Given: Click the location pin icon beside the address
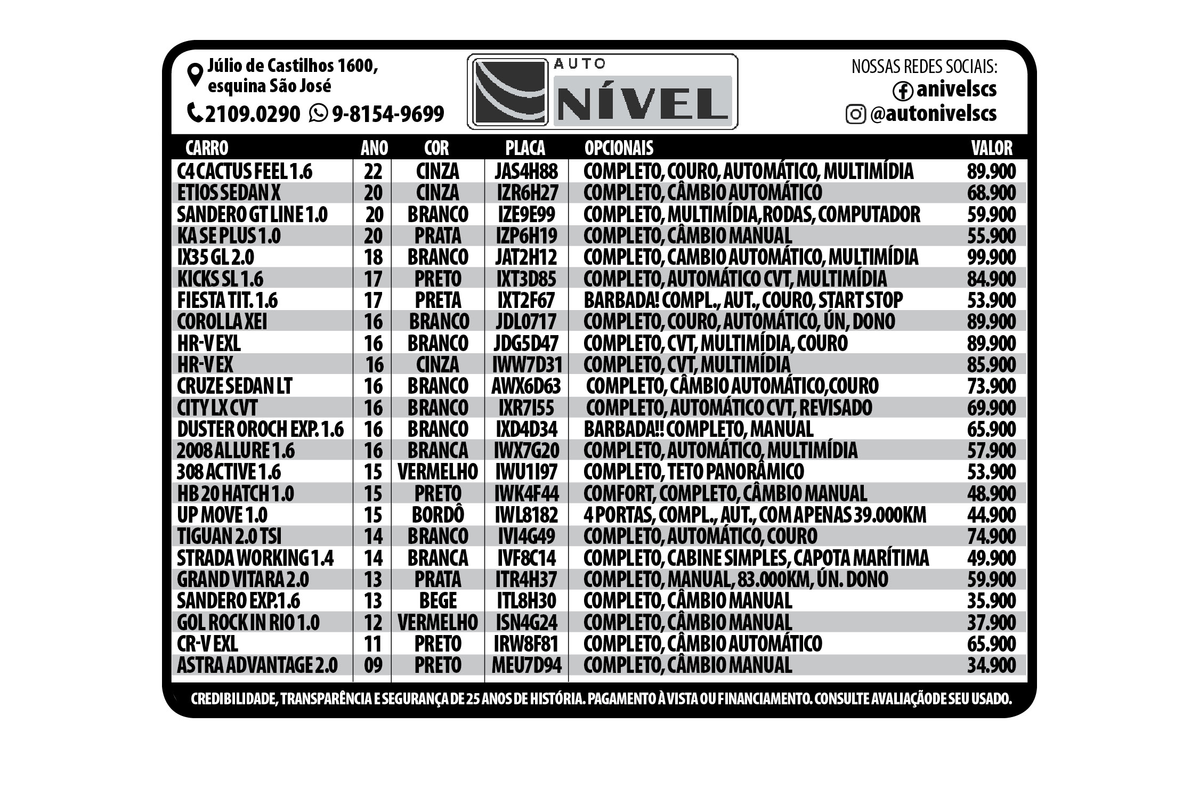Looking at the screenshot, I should point(195,75).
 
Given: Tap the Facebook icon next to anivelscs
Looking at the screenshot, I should point(903,91).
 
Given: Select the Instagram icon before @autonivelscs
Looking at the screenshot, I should point(855,114).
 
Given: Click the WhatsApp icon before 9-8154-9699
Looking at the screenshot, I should point(318,113).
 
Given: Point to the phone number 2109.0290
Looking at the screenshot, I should point(252,114).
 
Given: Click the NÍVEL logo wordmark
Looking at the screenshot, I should point(642,102).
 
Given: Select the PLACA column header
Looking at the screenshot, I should point(525,148).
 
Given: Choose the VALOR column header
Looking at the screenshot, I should point(991,148).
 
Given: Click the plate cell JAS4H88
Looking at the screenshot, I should point(526,172).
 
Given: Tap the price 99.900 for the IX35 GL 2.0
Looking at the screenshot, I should point(991,257).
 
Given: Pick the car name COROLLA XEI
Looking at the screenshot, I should point(222,322).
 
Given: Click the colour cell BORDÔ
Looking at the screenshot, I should point(438,515).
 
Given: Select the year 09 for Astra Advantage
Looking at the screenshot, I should point(373,665).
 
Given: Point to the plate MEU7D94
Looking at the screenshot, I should point(526,665).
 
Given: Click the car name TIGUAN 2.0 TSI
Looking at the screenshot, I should point(229,536).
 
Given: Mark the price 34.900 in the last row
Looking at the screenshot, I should point(991,665).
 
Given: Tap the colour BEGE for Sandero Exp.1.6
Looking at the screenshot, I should point(438,601).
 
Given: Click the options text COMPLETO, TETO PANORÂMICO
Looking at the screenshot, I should point(693,472).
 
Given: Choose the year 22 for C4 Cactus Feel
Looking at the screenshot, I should point(373,172).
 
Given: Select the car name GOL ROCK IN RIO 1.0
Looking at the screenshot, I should point(248,622).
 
